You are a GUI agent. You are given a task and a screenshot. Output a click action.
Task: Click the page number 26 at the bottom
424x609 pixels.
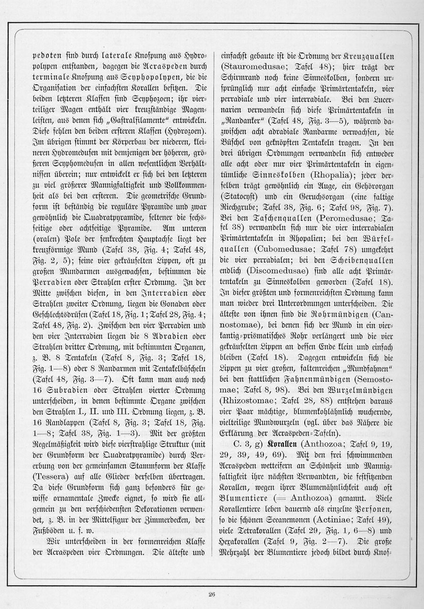click(x=212, y=595)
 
